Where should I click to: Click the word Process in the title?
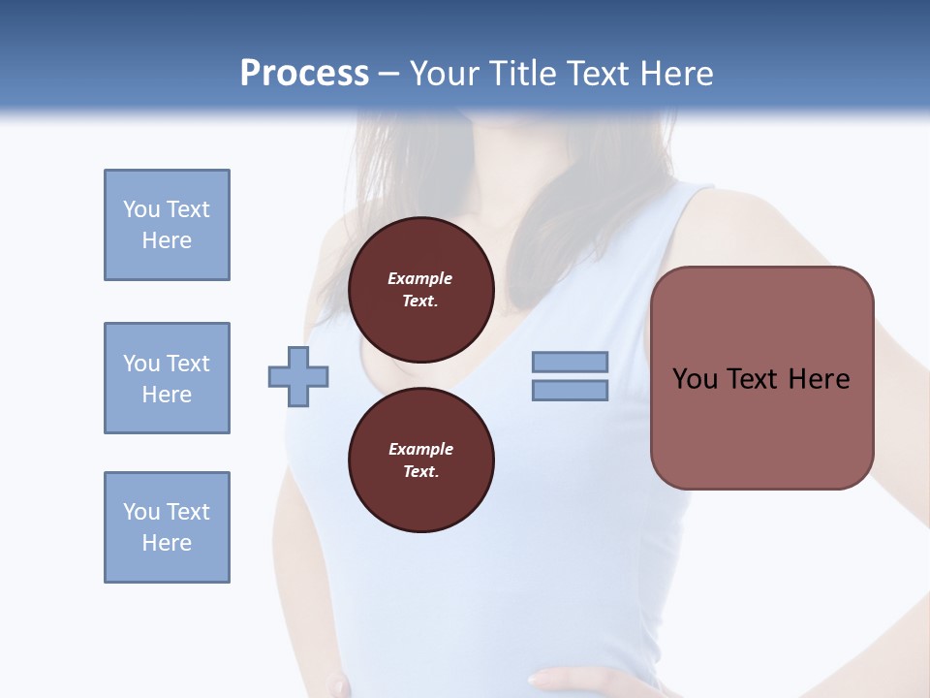tap(304, 74)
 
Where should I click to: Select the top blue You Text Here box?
tap(167, 225)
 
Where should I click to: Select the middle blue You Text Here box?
tap(167, 378)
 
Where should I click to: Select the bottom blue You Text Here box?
tap(167, 527)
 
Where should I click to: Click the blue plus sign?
tap(298, 376)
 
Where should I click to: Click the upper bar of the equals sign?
tap(570, 362)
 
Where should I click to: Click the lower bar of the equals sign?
tap(570, 390)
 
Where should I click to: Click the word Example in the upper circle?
tap(420, 278)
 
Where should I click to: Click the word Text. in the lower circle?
tap(420, 471)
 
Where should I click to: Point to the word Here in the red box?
tap(819, 379)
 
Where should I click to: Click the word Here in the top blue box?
tap(167, 240)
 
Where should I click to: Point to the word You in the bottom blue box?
tap(141, 512)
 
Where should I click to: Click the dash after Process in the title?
tap(388, 74)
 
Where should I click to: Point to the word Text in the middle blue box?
tap(187, 364)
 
